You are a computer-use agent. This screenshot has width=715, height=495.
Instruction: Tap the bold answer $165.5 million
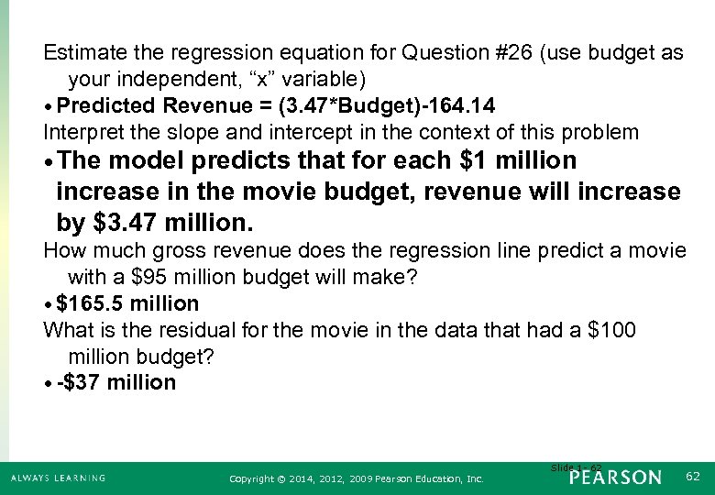[127, 303]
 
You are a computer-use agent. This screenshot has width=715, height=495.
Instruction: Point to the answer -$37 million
[116, 382]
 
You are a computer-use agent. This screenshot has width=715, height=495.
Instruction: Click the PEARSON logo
[614, 477]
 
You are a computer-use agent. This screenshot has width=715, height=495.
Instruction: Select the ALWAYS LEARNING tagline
[58, 478]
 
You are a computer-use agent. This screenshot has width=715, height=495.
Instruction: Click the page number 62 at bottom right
[692, 476]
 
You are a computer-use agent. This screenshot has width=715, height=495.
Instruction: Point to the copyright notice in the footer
[357, 478]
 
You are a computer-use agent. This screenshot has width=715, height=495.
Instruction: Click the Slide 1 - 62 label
[577, 467]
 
